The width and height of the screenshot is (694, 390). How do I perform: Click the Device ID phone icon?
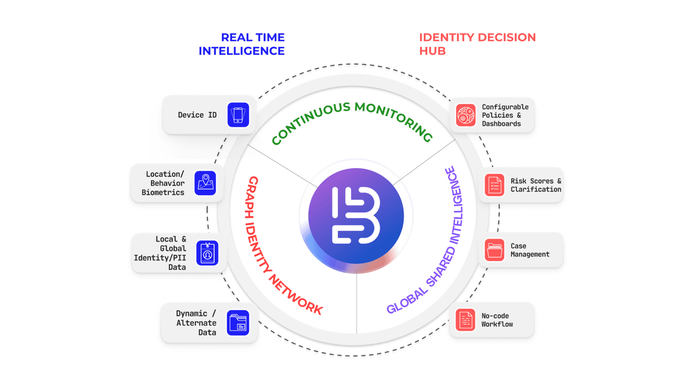pos(238,115)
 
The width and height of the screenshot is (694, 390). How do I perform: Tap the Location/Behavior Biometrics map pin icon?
pos(205,183)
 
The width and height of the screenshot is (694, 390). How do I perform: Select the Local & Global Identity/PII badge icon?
pos(207,253)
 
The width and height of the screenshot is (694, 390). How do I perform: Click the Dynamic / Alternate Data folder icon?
pos(238,323)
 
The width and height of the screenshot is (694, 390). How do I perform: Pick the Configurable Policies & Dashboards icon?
pos(465,115)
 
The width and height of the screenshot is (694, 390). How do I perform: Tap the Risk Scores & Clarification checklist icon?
pos(494,185)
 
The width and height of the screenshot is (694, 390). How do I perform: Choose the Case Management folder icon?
pos(494,250)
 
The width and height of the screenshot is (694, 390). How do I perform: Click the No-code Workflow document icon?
pos(465,320)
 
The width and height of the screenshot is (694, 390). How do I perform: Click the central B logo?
pos(356,216)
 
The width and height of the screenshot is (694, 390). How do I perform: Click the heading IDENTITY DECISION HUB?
pos(477,44)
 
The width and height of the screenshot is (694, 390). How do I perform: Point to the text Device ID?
pos(197,115)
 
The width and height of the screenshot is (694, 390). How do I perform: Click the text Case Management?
pos(529,250)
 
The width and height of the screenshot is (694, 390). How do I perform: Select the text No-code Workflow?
pos(497,320)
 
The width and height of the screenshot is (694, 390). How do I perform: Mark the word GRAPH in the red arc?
pos(251,196)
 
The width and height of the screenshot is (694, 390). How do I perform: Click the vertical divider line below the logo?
pos(357,303)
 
